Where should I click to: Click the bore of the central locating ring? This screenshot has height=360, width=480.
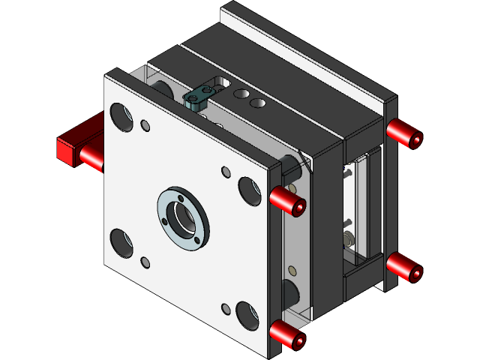(x=183, y=217)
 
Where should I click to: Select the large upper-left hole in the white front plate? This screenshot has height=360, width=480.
(x=119, y=115)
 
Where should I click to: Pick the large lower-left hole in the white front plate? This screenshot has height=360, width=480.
(x=121, y=241)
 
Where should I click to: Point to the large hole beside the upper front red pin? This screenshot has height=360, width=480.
(x=248, y=190)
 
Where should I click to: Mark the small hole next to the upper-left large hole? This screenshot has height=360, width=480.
(x=145, y=125)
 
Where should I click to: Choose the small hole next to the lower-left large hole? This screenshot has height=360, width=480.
(x=145, y=262)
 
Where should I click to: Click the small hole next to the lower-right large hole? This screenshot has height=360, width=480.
(x=226, y=308)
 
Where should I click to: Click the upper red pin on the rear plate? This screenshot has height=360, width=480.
(x=405, y=135)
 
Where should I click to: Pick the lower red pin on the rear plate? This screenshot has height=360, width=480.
(x=405, y=267)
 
